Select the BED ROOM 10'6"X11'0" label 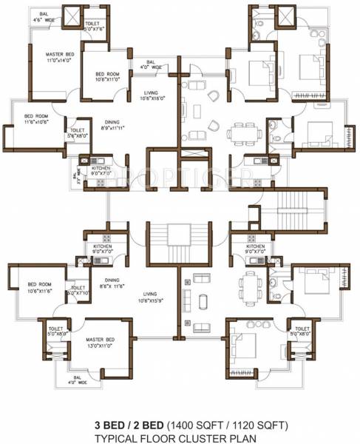click(x=108, y=77)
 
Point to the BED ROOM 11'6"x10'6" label click(x=36, y=118)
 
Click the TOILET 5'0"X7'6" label click(x=92, y=27)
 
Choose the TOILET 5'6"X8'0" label click(x=78, y=133)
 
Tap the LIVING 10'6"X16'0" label click(x=154, y=95)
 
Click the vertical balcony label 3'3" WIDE click(x=75, y=177)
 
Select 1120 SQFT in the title click(x=248, y=425)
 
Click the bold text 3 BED click(x=106, y=425)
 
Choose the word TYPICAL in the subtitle click(x=118, y=437)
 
